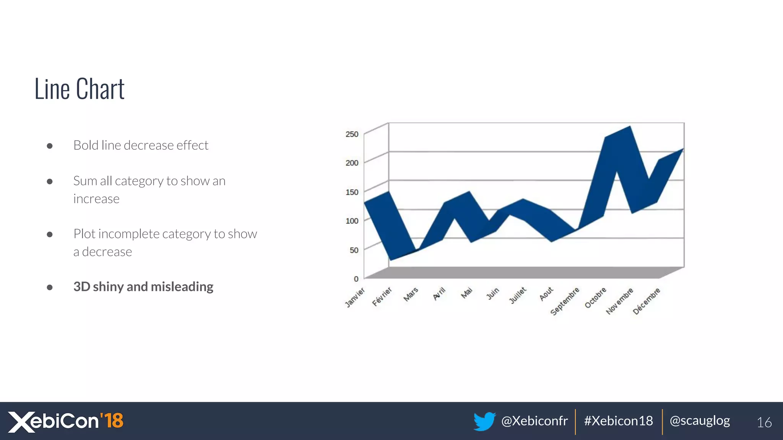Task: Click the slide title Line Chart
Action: click(80, 89)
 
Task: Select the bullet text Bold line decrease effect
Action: click(141, 146)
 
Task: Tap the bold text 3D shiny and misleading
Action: click(143, 287)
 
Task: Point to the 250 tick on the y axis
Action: click(352, 134)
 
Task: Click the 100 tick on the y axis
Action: click(352, 221)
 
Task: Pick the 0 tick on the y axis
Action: click(356, 279)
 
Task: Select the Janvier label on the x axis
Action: click(355, 298)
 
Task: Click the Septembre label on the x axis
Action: click(565, 301)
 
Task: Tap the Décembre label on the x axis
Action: click(646, 301)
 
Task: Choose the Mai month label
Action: click(467, 293)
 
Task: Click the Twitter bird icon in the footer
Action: click(484, 421)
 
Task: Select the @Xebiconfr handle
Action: click(534, 421)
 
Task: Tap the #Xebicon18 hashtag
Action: click(618, 421)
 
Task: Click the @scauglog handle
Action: click(700, 421)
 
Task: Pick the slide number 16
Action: click(764, 422)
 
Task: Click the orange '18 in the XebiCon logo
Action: click(112, 421)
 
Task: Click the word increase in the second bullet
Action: click(96, 199)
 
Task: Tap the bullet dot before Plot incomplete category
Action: click(50, 235)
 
